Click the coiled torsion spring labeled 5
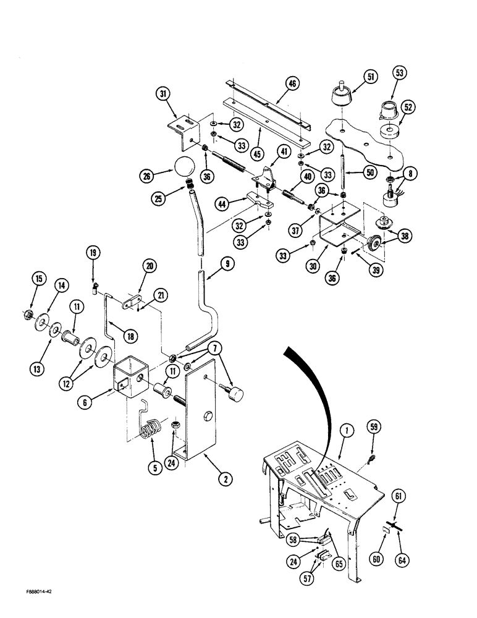[151, 427]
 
